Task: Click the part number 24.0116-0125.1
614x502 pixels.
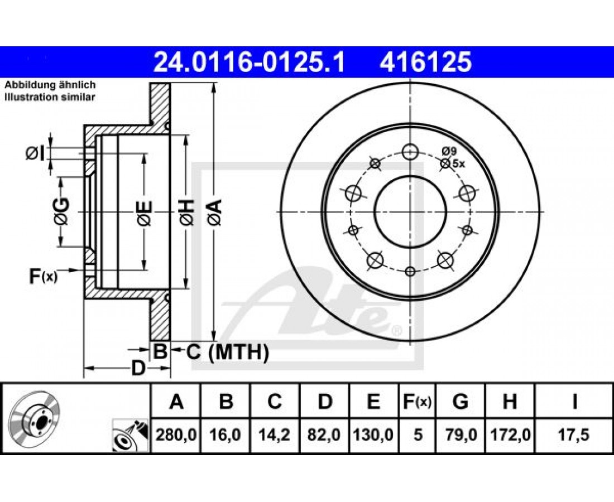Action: coord(249,62)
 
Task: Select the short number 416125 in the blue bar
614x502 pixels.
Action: coord(425,62)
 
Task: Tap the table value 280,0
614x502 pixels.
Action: coord(176,435)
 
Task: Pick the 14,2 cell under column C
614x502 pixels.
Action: coord(275,435)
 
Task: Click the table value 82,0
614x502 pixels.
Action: coord(324,435)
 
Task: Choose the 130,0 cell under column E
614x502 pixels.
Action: coord(373,435)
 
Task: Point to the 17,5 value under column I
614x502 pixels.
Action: coord(574,435)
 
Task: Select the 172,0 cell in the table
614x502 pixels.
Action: coord(510,435)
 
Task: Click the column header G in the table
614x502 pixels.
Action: coord(460,402)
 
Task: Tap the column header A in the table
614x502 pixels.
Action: coord(176,402)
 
